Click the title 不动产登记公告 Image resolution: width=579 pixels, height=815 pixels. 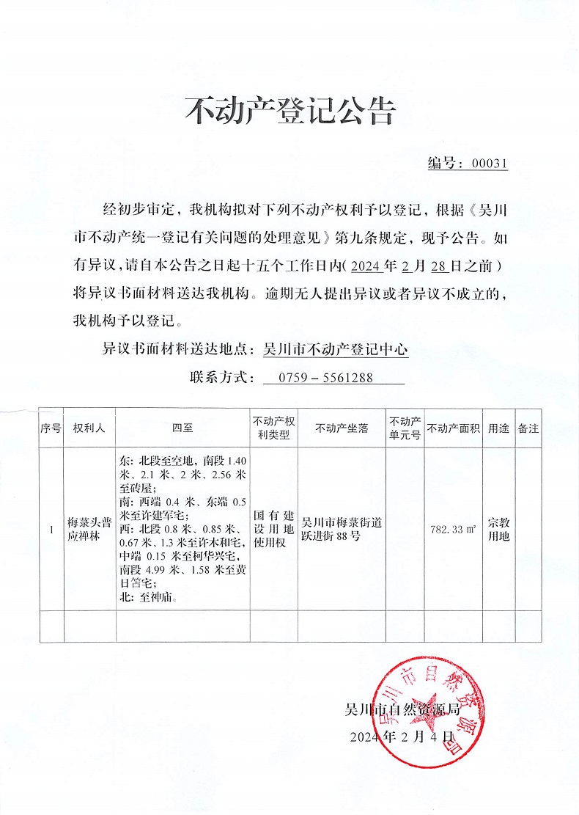point(289,112)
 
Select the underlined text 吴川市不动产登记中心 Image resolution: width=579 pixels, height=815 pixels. point(335,351)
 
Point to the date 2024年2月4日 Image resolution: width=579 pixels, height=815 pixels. point(403,737)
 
